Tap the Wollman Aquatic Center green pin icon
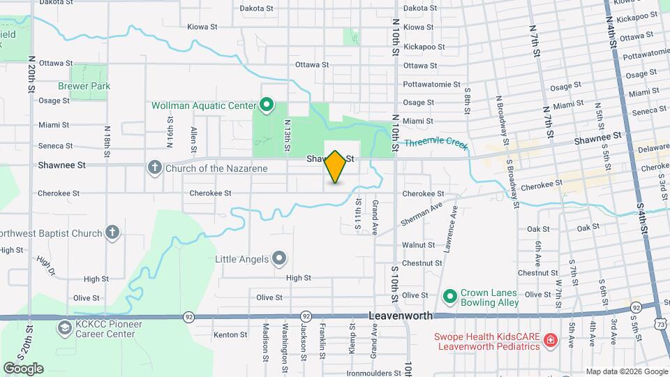pyautogui.click(x=266, y=105)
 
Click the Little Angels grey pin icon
pyautogui.click(x=279, y=259)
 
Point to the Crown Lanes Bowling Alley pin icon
pyautogui.click(x=449, y=298)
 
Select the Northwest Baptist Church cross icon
pyautogui.click(x=112, y=233)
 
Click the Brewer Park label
pyautogui.click(x=84, y=86)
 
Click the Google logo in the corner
pyautogui.click(x=23, y=369)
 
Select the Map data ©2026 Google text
pyautogui.click(x=626, y=371)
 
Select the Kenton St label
pyautogui.click(x=230, y=335)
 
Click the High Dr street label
pyautogui.click(x=45, y=266)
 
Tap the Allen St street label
pyautogui.click(x=193, y=139)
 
